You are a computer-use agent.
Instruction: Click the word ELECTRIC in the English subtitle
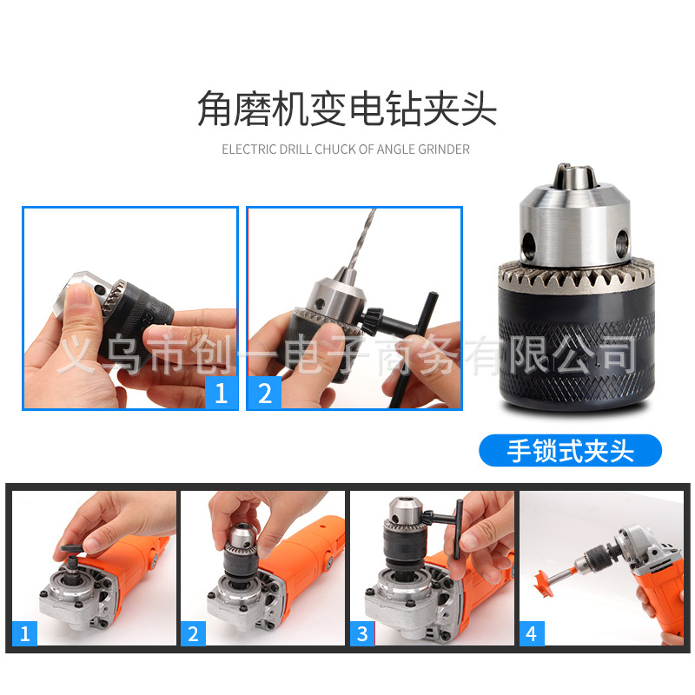coord(248,149)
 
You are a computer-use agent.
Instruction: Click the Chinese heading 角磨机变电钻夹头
coord(347,110)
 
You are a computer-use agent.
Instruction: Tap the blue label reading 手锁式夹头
coord(570,451)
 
